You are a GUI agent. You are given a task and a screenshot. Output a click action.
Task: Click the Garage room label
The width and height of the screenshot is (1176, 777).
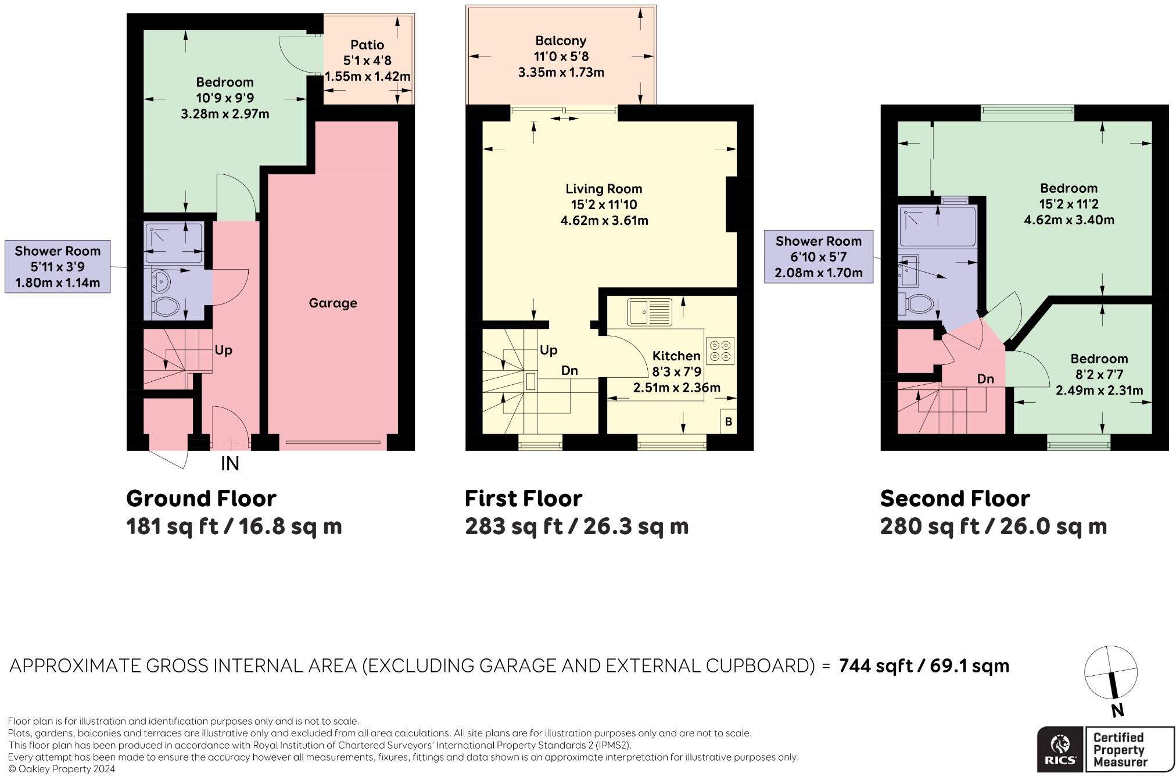[x=332, y=303]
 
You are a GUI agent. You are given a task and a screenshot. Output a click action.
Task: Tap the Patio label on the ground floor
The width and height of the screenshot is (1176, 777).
[x=367, y=45]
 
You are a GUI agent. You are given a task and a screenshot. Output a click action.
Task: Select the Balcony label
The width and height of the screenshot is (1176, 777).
[x=561, y=41]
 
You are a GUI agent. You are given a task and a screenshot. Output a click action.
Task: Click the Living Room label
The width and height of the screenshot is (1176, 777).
[x=604, y=189]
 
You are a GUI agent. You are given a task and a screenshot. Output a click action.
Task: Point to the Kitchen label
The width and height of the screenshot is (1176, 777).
[x=676, y=356]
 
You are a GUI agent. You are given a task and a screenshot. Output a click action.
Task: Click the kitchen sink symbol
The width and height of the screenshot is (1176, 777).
[x=650, y=312]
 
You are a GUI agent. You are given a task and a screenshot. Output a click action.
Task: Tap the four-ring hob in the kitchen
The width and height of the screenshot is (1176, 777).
[x=720, y=350]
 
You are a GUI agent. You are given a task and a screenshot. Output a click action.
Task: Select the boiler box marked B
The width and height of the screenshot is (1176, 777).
[x=729, y=421]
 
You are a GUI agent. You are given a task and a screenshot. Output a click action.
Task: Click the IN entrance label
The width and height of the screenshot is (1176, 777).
[x=230, y=464]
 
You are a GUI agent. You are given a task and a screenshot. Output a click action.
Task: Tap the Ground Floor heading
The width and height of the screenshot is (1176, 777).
[x=201, y=499]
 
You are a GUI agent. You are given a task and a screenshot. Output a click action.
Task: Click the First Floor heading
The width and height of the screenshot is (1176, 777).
[x=524, y=499]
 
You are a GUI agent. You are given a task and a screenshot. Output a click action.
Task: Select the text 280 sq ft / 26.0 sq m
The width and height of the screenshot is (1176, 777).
[x=994, y=527]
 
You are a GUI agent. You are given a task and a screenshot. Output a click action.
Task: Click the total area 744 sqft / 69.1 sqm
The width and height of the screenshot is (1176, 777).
[x=924, y=665]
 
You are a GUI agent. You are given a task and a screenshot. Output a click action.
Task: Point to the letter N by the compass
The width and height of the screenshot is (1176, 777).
[x=1117, y=710]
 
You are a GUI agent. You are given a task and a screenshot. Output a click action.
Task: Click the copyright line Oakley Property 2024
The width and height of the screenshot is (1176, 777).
[x=62, y=769]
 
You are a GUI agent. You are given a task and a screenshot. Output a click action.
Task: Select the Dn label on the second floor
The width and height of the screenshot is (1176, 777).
[x=985, y=379]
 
